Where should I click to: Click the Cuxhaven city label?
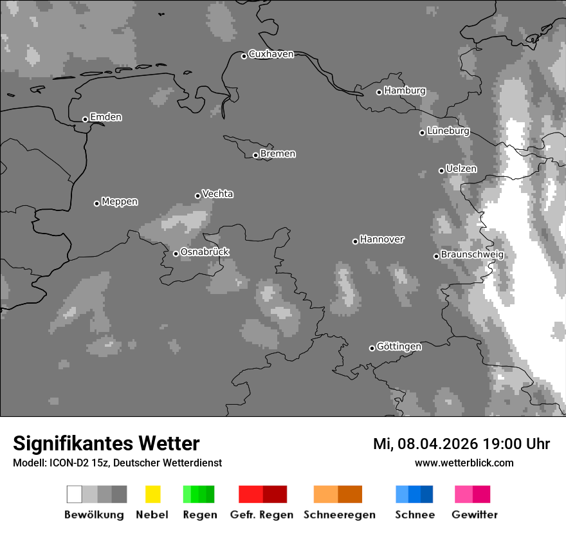(271, 54)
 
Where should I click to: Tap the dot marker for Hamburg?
(379, 92)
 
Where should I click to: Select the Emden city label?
(105, 117)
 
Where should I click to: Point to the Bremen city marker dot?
(255, 155)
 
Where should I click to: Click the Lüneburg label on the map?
(448, 131)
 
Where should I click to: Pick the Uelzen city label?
(461, 169)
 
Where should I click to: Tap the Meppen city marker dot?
(96, 203)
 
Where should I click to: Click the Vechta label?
(217, 194)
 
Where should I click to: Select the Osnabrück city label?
(205, 252)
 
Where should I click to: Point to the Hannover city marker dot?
(355, 241)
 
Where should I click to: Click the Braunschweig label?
(472, 254)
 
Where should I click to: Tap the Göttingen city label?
(399, 346)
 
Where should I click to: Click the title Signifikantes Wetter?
(106, 443)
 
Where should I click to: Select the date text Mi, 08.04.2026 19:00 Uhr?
(461, 444)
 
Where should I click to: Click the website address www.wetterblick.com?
(464, 463)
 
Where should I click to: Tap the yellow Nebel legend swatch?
(152, 494)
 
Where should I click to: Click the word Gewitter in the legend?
(474, 515)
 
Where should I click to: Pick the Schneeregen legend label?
(339, 515)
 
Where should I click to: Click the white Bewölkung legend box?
(74, 494)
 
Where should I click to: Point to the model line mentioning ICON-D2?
(117, 463)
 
